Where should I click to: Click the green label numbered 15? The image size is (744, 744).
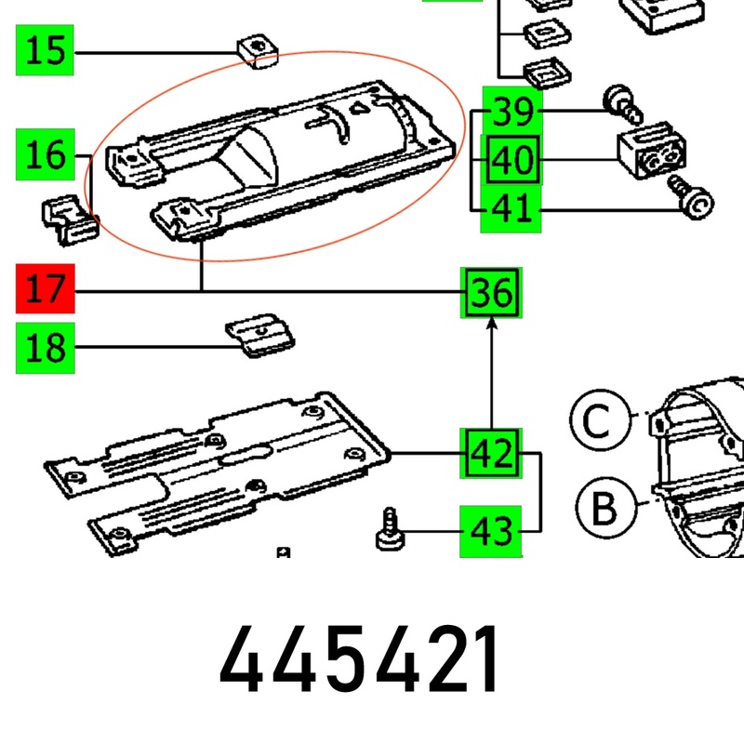pos(45,49)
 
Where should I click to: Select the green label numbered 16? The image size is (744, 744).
pos(45,154)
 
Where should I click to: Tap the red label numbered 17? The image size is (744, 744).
pos(45,291)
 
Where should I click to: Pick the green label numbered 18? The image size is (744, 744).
pos(45,349)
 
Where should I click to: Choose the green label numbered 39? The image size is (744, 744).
pos(511,112)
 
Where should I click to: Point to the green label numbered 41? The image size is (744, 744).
pos(511,208)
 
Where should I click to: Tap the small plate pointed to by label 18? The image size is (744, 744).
pos(260,335)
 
